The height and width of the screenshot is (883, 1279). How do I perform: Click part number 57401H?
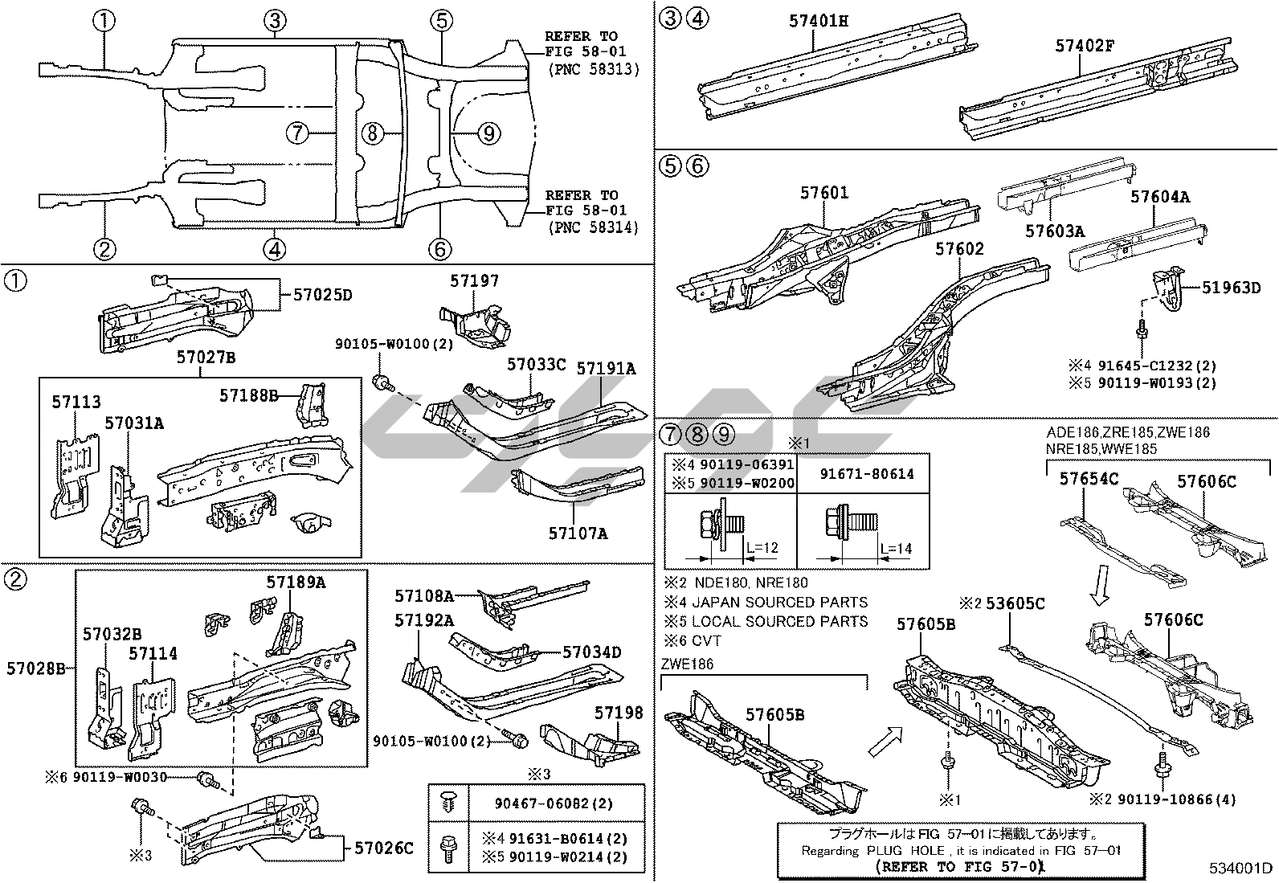pos(818,21)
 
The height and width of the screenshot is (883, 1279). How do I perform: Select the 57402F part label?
pos(1085,46)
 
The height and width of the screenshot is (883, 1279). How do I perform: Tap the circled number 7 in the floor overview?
pos(297,133)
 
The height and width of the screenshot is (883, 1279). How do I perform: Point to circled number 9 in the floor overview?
pos(488,133)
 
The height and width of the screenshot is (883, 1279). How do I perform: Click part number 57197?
pos(475,281)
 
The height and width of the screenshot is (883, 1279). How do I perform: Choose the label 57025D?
pos(323,295)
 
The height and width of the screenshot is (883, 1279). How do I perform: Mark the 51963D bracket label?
pos(1231,288)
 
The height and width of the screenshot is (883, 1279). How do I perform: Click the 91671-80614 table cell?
pos(867,474)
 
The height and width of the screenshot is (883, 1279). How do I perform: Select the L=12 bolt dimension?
pos(762,548)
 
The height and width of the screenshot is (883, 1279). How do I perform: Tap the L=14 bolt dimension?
pos(896,549)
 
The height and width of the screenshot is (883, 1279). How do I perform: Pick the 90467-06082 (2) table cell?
pos(554,803)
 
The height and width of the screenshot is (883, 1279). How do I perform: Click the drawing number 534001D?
pos(1240,869)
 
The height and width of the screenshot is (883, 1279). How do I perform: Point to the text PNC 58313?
pos(594,70)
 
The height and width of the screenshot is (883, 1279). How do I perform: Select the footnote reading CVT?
pos(706,641)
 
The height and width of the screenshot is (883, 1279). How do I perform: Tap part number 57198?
pos(619,713)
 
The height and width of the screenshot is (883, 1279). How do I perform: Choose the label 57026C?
pos(384,848)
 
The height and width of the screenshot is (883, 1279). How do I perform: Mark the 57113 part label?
pos(76,402)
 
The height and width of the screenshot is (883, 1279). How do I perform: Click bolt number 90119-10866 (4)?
pos(1176,799)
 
